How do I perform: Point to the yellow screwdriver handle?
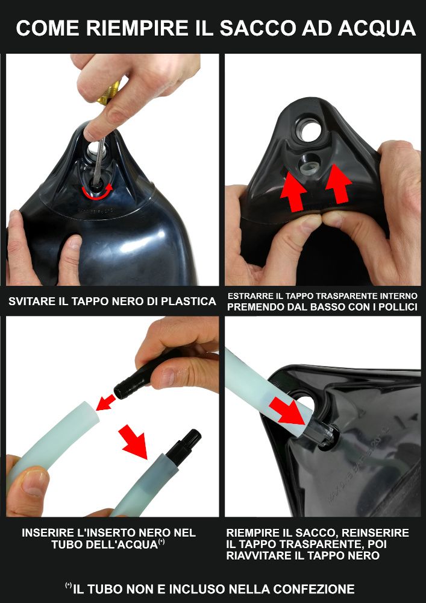[110, 93]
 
